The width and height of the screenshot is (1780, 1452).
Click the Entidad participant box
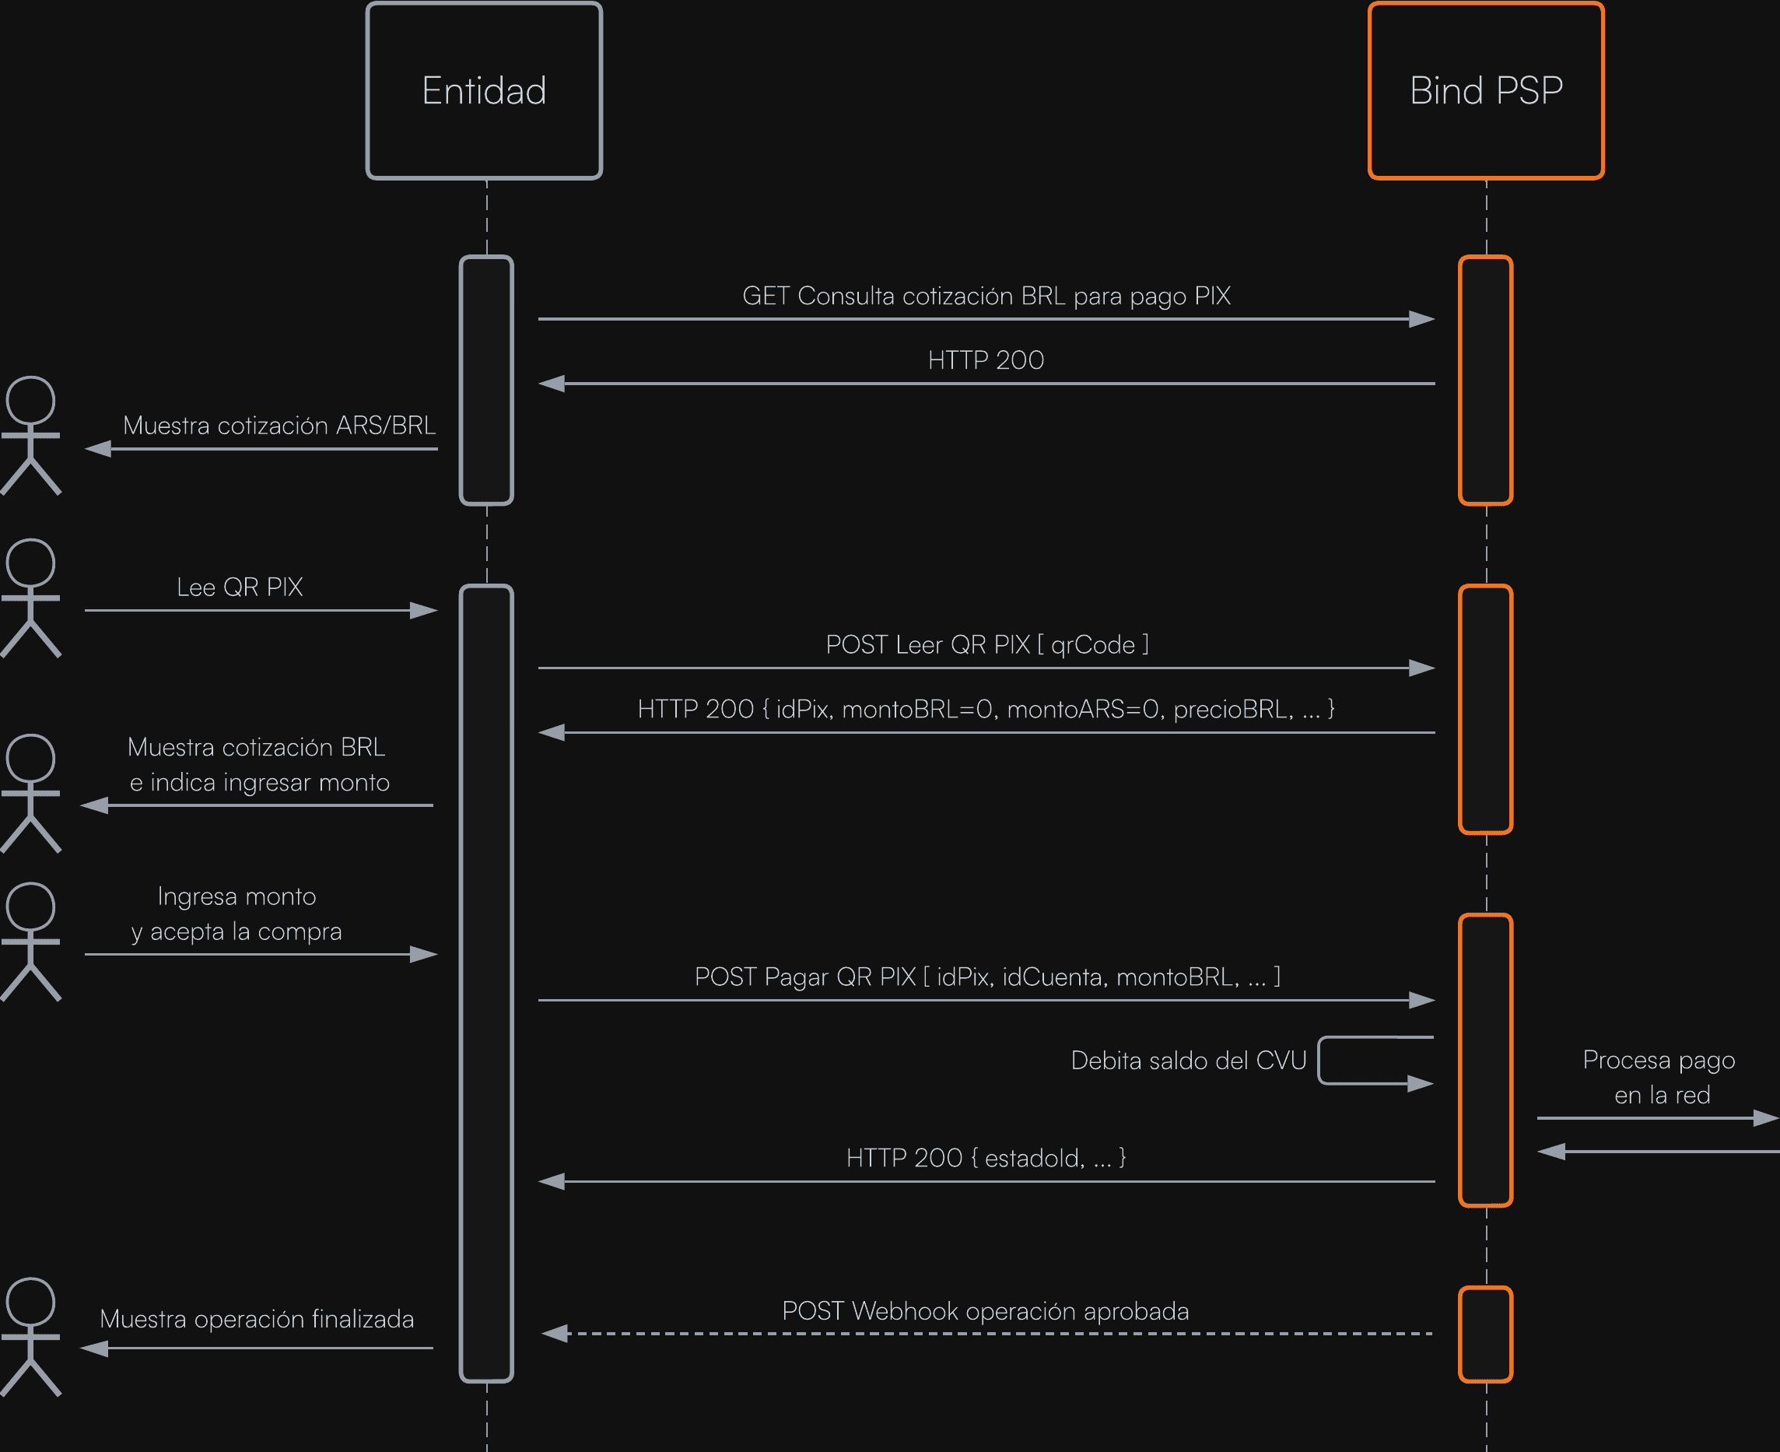coord(484,90)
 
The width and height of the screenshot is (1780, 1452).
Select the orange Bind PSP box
coord(1486,90)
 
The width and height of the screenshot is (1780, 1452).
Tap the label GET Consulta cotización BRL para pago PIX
coord(986,296)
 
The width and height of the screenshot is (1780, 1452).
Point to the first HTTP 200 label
coord(986,360)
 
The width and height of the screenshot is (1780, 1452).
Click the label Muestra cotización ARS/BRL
coord(279,426)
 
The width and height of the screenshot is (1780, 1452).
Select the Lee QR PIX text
coord(240,587)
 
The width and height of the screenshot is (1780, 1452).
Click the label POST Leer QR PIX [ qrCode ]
coord(986,645)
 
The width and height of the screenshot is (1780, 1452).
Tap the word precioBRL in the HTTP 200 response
coord(1232,710)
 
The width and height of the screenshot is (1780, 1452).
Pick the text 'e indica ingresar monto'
coord(259,783)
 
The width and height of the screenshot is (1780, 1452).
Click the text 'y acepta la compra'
coord(237,931)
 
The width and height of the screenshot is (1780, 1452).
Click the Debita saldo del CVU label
coord(1188,1061)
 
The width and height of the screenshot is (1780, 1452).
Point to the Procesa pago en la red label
coord(1659,1077)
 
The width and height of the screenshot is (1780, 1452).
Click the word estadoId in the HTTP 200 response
coord(1034,1159)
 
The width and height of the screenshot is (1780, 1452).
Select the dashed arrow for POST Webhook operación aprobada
coord(986,1333)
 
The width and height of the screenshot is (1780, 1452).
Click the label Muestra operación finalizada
coord(257,1319)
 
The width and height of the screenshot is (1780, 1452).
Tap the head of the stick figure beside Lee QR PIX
coord(31,563)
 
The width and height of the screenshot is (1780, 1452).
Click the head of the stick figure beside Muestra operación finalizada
coord(31,1302)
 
